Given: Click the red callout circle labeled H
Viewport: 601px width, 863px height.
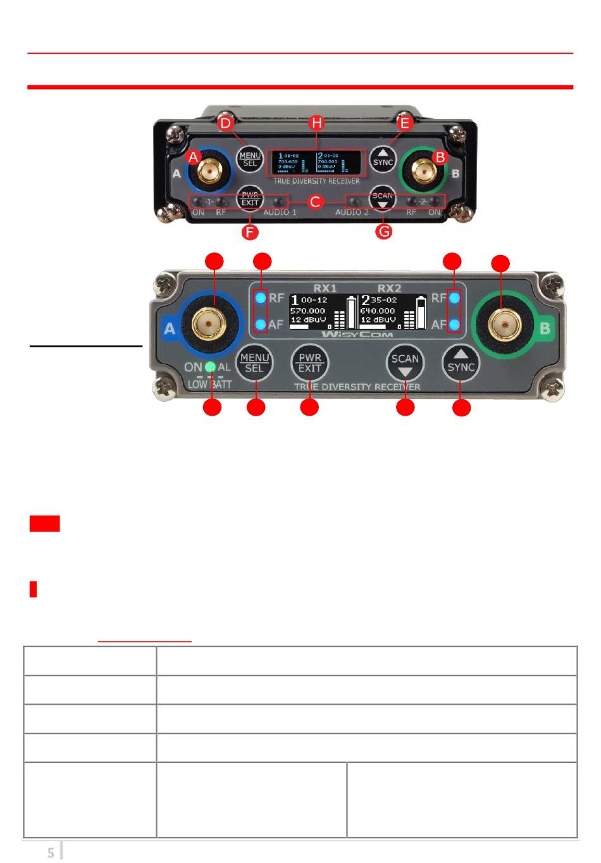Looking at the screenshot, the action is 316,123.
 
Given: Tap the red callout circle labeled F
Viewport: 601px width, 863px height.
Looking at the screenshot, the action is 251,232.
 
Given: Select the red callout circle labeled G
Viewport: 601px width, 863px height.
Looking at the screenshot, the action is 383,232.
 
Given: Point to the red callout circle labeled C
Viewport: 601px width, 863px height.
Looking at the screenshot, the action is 316,202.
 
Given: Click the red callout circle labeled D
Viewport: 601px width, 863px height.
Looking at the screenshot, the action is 225,123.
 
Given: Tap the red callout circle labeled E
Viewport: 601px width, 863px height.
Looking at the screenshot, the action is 406,123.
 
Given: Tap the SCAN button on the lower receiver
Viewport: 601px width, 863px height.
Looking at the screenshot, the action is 405,364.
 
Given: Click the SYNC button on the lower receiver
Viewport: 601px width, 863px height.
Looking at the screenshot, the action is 461,364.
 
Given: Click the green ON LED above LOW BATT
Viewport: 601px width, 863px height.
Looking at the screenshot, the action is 211,367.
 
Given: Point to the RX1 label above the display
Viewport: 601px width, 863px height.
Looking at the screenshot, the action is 325,288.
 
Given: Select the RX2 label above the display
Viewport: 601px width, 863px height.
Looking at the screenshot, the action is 389,288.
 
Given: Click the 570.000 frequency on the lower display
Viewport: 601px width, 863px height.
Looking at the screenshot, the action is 307,311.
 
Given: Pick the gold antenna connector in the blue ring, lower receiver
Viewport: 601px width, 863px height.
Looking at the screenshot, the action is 211,325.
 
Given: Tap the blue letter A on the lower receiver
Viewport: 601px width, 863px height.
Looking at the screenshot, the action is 169,329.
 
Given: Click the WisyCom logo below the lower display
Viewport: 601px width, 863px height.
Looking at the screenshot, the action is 357,334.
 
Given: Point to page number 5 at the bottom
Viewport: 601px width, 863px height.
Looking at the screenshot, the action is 51,853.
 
